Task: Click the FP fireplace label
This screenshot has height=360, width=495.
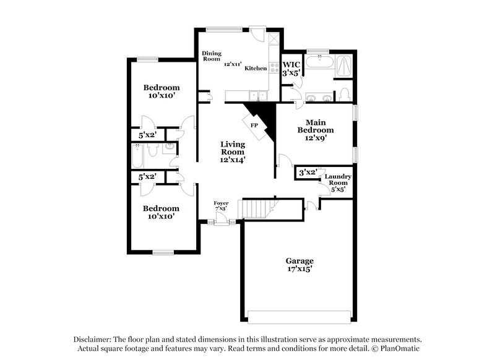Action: [254, 125]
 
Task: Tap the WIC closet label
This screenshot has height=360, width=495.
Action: [291, 64]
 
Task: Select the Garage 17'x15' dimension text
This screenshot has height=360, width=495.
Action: [299, 270]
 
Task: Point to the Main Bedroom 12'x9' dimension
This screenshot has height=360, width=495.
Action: [316, 139]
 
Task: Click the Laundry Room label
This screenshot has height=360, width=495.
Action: [338, 179]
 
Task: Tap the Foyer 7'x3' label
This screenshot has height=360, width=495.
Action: [221, 205]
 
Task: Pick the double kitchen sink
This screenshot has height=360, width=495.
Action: [255, 95]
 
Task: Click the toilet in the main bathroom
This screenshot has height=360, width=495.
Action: [345, 95]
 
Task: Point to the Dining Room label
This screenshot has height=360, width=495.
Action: [211, 57]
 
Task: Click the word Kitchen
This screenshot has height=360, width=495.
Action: [256, 68]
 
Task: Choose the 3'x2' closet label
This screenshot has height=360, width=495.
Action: [308, 172]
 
